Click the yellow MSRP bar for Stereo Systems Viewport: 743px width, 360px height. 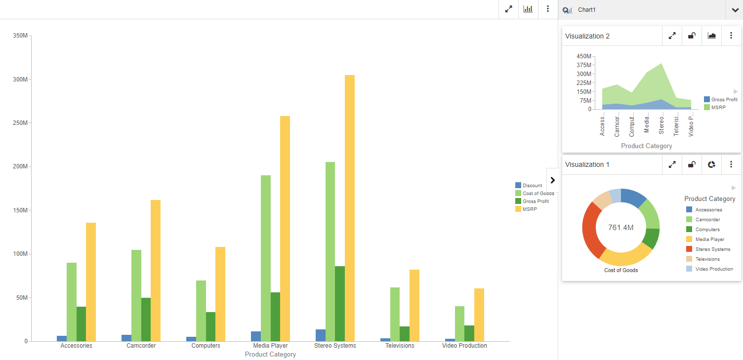[x=349, y=207]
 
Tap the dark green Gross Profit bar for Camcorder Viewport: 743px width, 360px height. [x=146, y=319]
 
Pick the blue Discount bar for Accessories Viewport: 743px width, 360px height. [x=62, y=338]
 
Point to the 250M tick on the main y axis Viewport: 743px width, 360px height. [x=20, y=123]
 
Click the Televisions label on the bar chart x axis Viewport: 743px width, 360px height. [x=400, y=346]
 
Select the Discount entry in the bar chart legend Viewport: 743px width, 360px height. [x=532, y=186]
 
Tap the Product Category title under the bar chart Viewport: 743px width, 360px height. [x=270, y=355]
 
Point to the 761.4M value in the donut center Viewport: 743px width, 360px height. [x=620, y=228]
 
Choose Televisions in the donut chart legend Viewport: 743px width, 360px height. [x=707, y=259]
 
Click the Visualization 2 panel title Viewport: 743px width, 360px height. [x=587, y=36]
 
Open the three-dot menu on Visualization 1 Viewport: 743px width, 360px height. [x=731, y=164]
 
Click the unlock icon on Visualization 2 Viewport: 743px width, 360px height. [x=692, y=36]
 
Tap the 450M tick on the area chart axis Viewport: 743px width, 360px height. [x=583, y=56]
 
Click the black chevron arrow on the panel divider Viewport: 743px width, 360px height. [x=552, y=180]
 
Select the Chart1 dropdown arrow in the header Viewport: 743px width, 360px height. [x=735, y=10]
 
